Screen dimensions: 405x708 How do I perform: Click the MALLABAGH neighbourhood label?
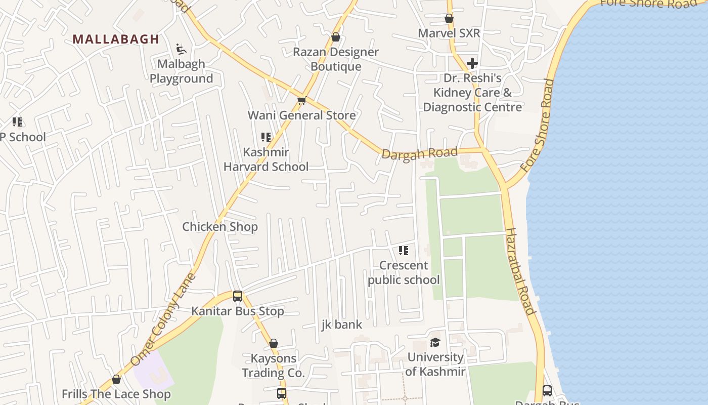pyautogui.click(x=116, y=39)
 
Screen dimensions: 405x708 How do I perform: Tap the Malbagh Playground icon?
pyautogui.click(x=181, y=49)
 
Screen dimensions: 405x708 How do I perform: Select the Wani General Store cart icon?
pyautogui.click(x=301, y=101)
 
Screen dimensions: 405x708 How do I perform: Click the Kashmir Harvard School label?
pyautogui.click(x=266, y=159)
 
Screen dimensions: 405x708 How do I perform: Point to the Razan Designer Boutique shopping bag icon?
pyautogui.click(x=335, y=37)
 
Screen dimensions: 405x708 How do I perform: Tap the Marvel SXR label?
pyautogui.click(x=449, y=33)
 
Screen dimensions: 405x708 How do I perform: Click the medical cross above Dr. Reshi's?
pyautogui.click(x=472, y=63)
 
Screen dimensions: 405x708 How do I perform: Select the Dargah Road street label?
pyautogui.click(x=420, y=153)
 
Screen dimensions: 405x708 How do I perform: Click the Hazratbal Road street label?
pyautogui.click(x=520, y=271)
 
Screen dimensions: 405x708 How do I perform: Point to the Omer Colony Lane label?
pyautogui.click(x=163, y=319)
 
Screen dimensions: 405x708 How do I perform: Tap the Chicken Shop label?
pyautogui.click(x=220, y=227)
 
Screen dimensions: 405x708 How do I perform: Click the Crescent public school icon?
pyautogui.click(x=403, y=250)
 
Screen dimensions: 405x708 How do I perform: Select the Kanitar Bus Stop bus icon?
pyautogui.click(x=238, y=296)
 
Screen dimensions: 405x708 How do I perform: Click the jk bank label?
pyautogui.click(x=342, y=325)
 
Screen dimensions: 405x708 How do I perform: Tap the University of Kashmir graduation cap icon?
pyautogui.click(x=435, y=343)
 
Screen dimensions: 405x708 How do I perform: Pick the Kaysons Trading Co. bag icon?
pyautogui.click(x=274, y=344)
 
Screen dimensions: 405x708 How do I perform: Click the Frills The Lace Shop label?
pyautogui.click(x=116, y=394)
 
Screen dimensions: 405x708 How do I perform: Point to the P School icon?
pyautogui.click(x=17, y=122)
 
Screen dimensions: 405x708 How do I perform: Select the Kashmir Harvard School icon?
pyautogui.click(x=266, y=137)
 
